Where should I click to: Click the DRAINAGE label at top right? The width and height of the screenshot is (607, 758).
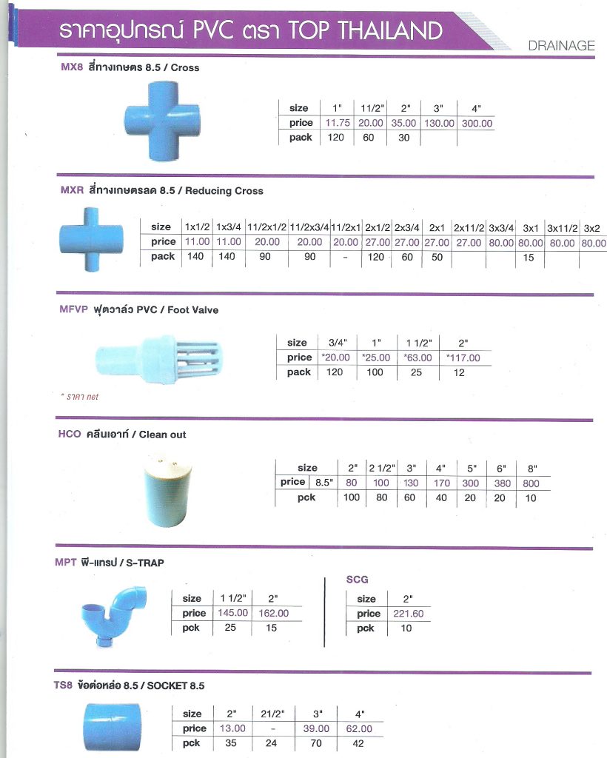point(561,46)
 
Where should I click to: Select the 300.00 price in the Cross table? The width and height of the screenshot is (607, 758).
point(476,123)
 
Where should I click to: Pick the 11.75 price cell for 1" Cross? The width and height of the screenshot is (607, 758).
point(336,123)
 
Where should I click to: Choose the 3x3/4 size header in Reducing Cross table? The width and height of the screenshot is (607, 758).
point(501,227)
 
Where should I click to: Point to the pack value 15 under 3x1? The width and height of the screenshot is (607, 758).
point(528,257)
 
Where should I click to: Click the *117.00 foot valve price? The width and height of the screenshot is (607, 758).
point(463,358)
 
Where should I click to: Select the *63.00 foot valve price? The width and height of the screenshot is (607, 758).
point(417,358)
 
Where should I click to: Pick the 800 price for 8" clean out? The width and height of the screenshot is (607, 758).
point(531,483)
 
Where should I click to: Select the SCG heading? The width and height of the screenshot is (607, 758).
point(357,580)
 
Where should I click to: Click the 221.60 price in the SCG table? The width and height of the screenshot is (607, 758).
point(407,614)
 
